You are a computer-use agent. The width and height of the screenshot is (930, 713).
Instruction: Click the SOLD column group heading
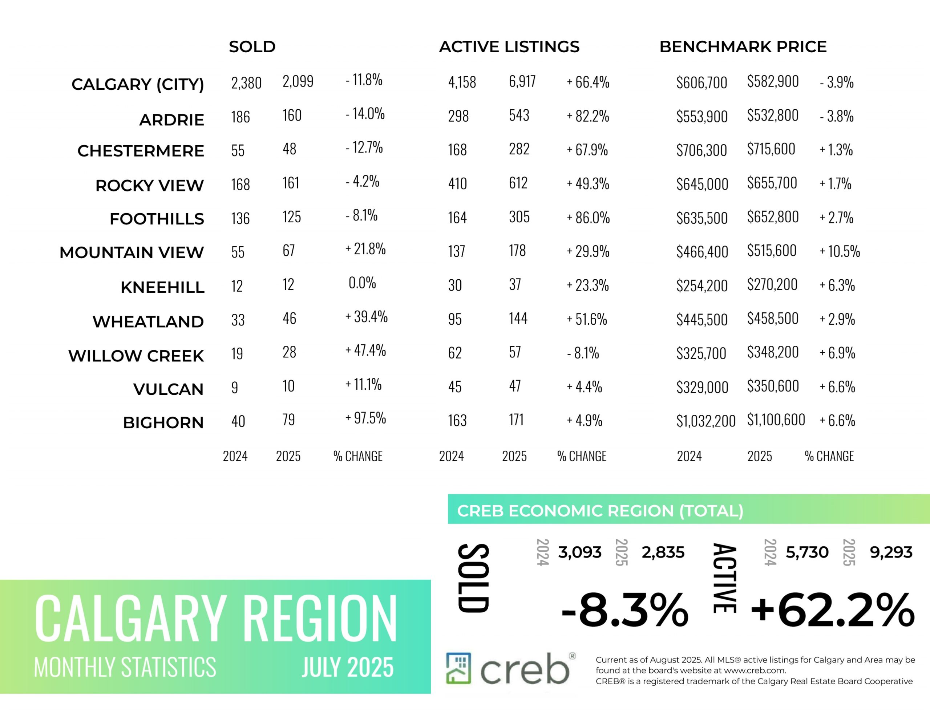pyautogui.click(x=252, y=47)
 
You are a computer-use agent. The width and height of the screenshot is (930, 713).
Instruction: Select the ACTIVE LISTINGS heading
pyautogui.click(x=509, y=47)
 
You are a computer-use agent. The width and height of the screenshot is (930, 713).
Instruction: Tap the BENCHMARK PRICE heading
pyautogui.click(x=743, y=47)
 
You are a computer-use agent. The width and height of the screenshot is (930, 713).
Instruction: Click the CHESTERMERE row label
pyautogui.click(x=141, y=151)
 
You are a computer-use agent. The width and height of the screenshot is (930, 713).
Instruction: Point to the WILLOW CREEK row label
pyautogui.click(x=136, y=356)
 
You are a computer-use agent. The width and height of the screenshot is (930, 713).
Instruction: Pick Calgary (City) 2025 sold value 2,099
pyautogui.click(x=298, y=81)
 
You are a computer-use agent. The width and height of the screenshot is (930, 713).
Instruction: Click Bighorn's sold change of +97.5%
pyautogui.click(x=365, y=418)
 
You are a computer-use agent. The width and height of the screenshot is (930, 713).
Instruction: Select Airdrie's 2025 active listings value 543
pyautogui.click(x=519, y=115)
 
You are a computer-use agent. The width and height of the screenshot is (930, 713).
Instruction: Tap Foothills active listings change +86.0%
pyautogui.click(x=588, y=218)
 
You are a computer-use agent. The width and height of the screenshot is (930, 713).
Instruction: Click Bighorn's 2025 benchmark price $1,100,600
pyautogui.click(x=776, y=420)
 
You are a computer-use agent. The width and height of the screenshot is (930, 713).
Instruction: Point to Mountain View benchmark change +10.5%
pyautogui.click(x=840, y=251)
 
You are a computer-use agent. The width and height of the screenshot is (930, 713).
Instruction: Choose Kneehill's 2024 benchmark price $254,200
pyautogui.click(x=702, y=285)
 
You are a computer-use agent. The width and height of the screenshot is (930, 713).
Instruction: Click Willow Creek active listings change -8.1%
pyautogui.click(x=583, y=353)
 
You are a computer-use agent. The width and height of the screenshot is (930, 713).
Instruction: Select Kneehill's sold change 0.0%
pyautogui.click(x=362, y=283)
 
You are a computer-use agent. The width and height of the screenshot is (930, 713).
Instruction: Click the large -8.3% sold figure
pyautogui.click(x=624, y=610)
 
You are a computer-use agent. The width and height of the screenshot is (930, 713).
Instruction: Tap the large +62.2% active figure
pyautogui.click(x=832, y=610)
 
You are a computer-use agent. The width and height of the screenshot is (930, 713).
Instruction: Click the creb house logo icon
pyautogui.click(x=458, y=668)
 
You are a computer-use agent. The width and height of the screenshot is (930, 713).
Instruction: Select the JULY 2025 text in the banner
pyautogui.click(x=348, y=667)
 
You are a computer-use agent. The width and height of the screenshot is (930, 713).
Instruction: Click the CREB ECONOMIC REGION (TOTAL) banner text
pyautogui.click(x=600, y=511)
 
